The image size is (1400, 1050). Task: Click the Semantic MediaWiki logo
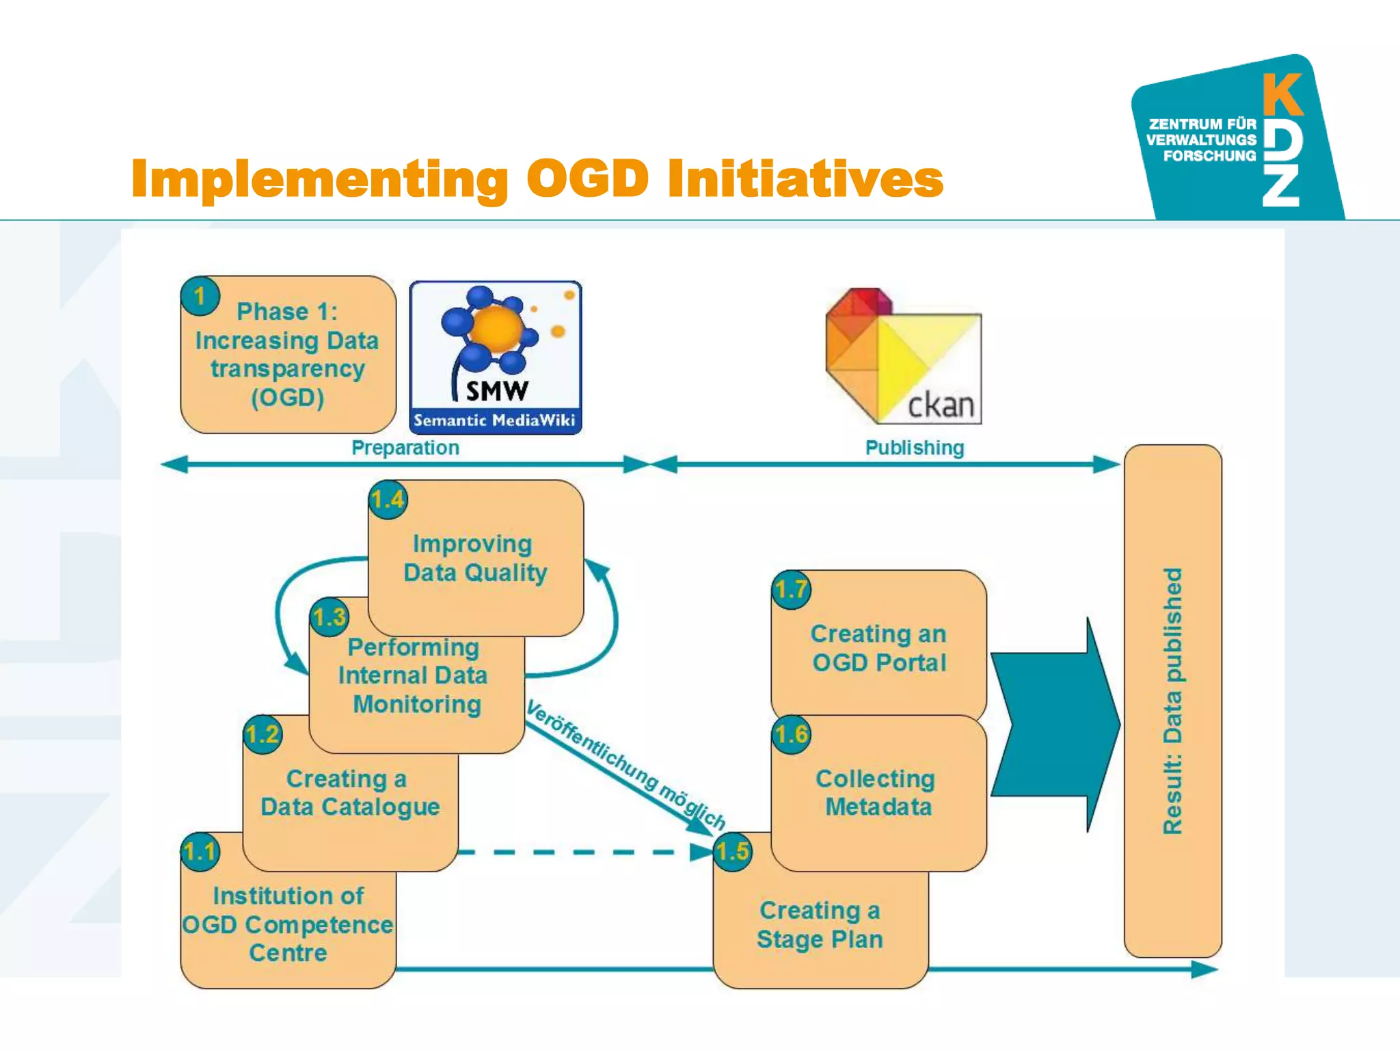pyautogui.click(x=496, y=357)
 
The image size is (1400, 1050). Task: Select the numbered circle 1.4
pyautogui.click(x=388, y=500)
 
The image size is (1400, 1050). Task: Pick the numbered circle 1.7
pyautogui.click(x=791, y=589)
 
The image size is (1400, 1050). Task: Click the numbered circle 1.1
pyautogui.click(x=200, y=852)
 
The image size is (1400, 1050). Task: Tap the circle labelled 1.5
pyautogui.click(x=732, y=852)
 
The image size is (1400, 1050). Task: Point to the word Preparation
pyautogui.click(x=405, y=448)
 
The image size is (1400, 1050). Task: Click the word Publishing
pyautogui.click(x=914, y=448)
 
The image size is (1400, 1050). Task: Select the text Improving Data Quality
pyautogui.click(x=474, y=558)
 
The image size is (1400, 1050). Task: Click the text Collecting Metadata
pyautogui.click(x=878, y=792)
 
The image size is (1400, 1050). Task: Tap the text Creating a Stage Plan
pyautogui.click(x=820, y=924)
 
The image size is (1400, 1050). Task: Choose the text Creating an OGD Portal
pyautogui.click(x=878, y=648)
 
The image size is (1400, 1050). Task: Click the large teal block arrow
pyautogui.click(x=1054, y=725)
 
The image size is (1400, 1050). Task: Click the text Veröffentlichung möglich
pyautogui.click(x=625, y=764)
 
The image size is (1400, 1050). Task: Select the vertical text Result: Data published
pyautogui.click(x=1172, y=701)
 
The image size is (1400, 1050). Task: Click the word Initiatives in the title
pyautogui.click(x=805, y=179)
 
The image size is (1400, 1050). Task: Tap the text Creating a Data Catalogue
pyautogui.click(x=349, y=792)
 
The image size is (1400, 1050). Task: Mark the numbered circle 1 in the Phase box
pyautogui.click(x=200, y=296)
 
